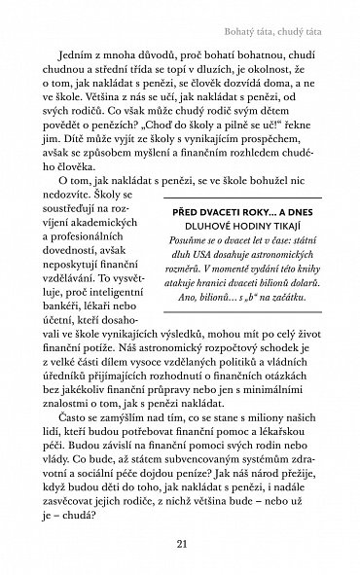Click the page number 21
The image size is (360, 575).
coord(180,545)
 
